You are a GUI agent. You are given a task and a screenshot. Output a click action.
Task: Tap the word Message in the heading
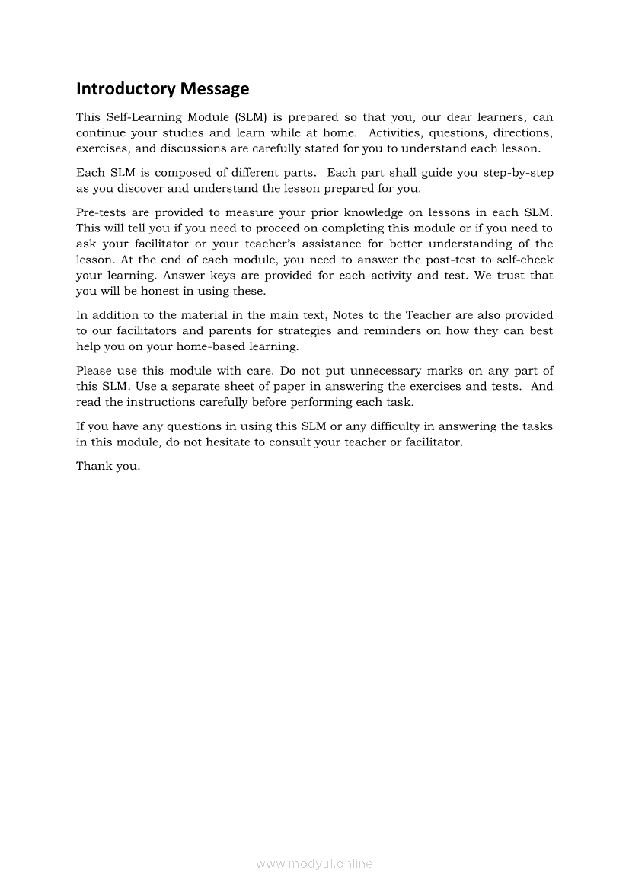coord(215,89)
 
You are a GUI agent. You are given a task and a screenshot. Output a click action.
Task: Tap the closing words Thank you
coord(108,467)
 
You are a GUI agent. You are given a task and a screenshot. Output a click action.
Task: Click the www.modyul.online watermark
coord(314,864)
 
